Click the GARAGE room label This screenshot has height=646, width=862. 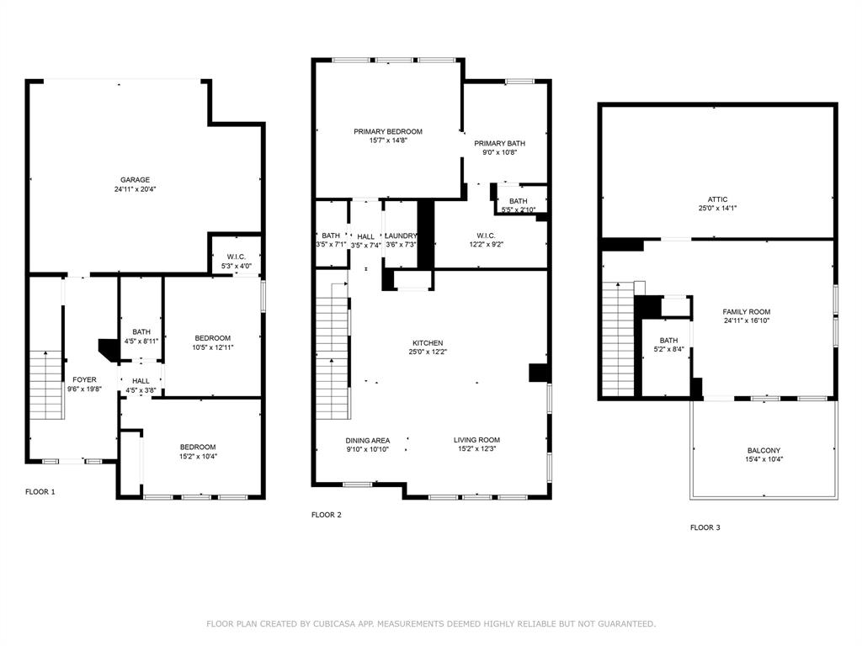(x=135, y=179)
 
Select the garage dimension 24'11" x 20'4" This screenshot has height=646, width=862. (x=135, y=189)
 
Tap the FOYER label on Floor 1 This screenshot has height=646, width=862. (x=84, y=379)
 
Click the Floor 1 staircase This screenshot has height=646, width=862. (x=45, y=385)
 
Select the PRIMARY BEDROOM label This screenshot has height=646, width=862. (x=387, y=131)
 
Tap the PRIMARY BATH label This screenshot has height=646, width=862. (x=499, y=143)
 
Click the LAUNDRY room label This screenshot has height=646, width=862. (x=401, y=236)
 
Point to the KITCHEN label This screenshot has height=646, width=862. (x=427, y=343)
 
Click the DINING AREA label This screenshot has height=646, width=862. (x=367, y=440)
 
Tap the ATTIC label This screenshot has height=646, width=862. (x=717, y=199)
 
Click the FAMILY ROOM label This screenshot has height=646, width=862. (x=746, y=311)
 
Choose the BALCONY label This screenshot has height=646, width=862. (x=764, y=451)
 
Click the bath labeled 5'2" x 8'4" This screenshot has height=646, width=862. (x=668, y=345)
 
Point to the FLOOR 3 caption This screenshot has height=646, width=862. (x=705, y=527)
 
